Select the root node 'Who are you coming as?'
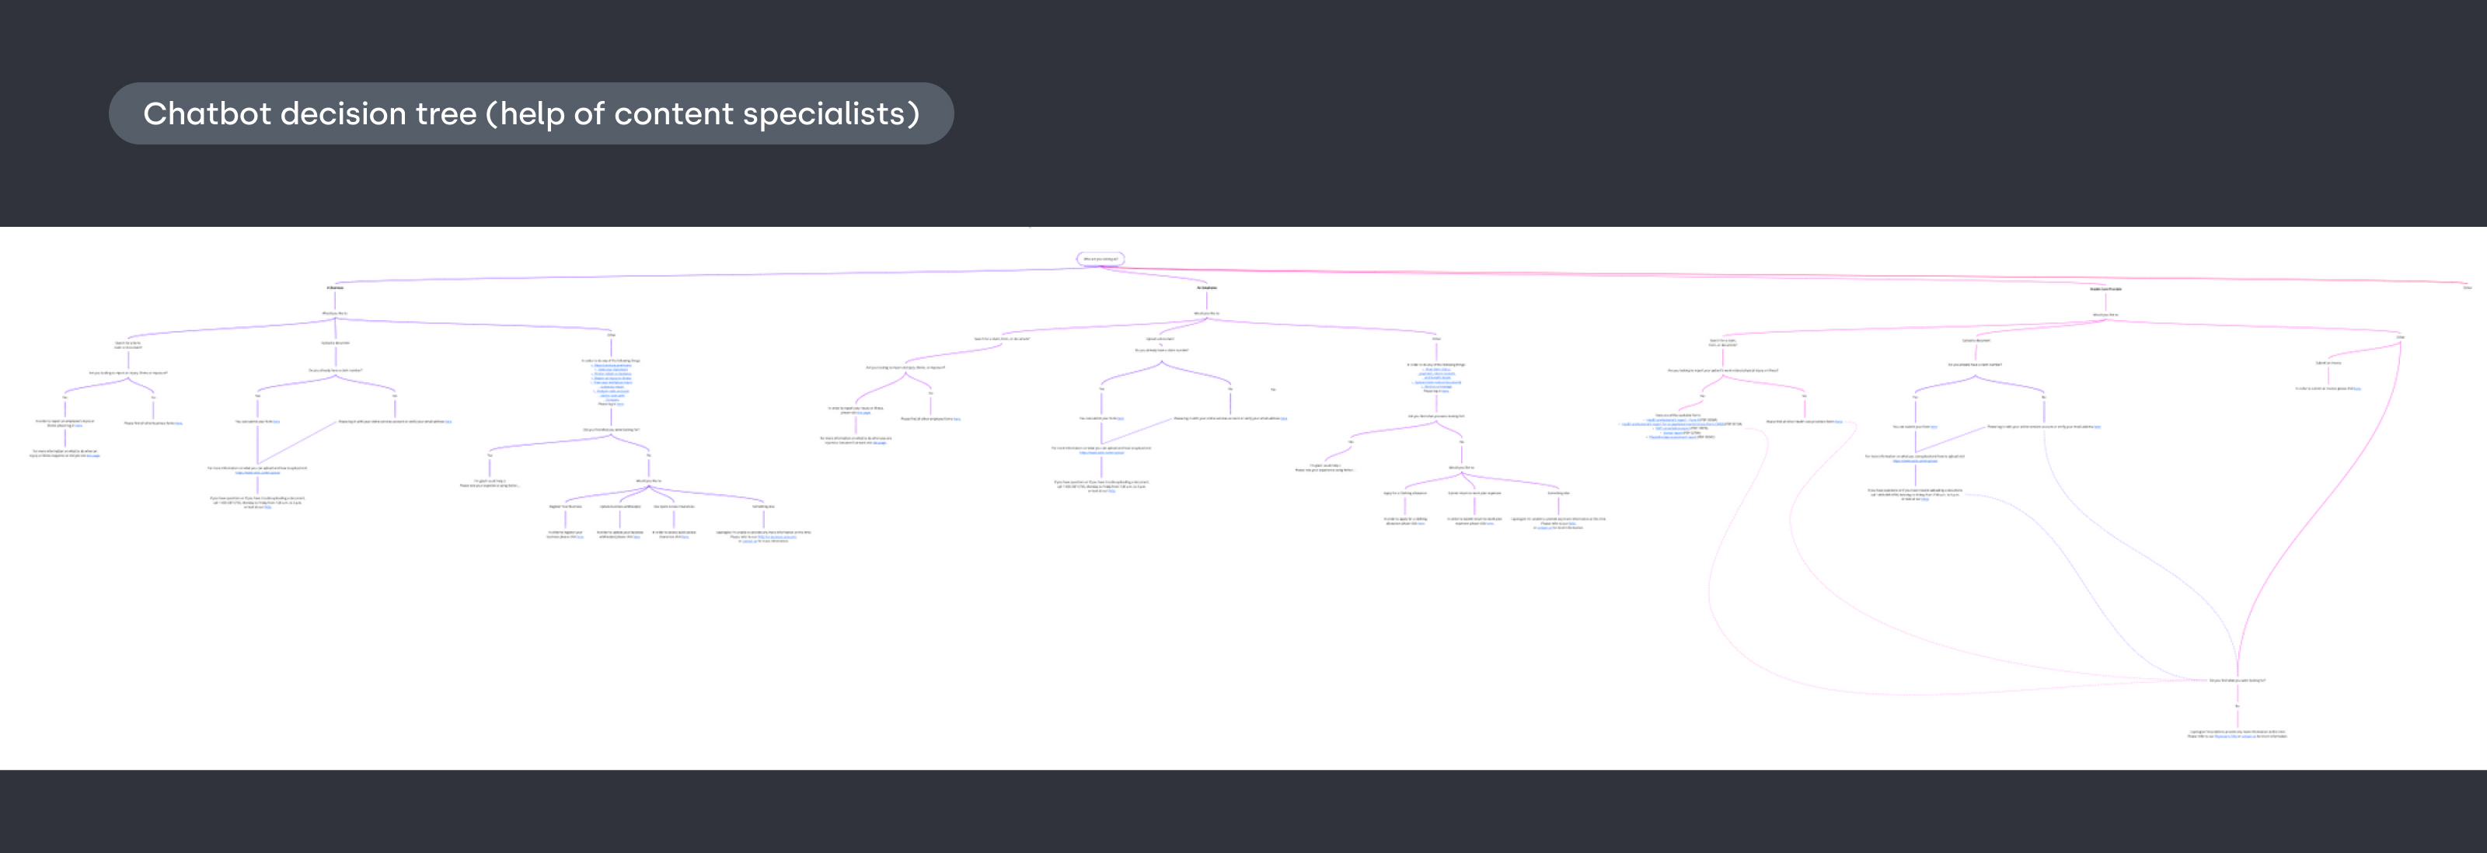point(1100,259)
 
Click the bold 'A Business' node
point(335,287)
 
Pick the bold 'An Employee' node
point(1207,287)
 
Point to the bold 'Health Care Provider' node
point(2105,288)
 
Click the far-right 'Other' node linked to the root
point(2467,287)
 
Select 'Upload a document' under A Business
point(335,343)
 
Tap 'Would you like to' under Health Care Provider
point(2105,315)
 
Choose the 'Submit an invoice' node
point(2328,363)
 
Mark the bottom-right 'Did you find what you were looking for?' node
point(2237,681)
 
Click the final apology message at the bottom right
point(2237,733)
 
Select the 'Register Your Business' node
point(566,506)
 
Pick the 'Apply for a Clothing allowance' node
point(1404,493)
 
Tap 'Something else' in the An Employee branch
point(1558,493)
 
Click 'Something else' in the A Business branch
point(764,506)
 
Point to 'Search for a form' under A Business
point(128,344)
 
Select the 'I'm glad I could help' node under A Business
point(490,482)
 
